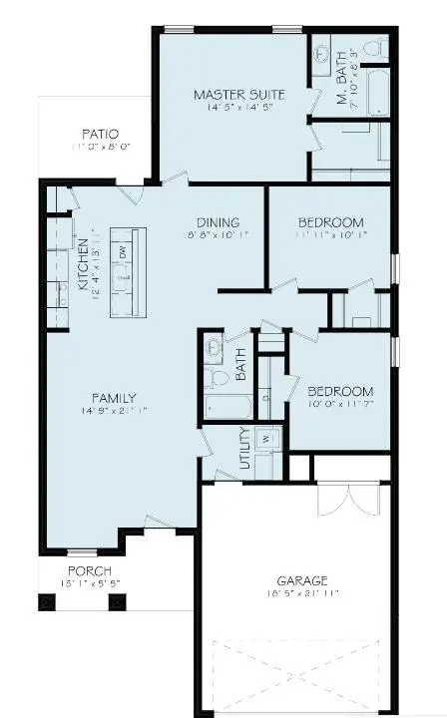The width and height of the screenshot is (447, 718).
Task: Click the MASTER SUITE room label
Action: pyautogui.click(x=238, y=95)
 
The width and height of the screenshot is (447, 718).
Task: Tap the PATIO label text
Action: pyautogui.click(x=100, y=134)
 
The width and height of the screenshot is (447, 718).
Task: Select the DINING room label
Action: pyautogui.click(x=218, y=223)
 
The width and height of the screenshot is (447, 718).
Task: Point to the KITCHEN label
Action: pyautogui.click(x=84, y=269)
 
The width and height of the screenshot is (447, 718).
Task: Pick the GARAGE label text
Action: pyautogui.click(x=303, y=579)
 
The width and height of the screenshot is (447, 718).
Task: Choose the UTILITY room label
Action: pyautogui.click(x=244, y=450)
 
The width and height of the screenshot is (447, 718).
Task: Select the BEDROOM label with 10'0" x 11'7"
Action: pyautogui.click(x=340, y=391)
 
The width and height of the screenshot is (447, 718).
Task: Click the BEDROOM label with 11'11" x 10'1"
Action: pyautogui.click(x=331, y=222)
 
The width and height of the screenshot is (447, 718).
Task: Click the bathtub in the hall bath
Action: pyautogui.click(x=226, y=405)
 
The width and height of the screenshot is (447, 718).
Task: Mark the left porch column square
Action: pyautogui.click(x=47, y=601)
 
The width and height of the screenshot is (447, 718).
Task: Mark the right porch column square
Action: pyautogui.click(x=117, y=601)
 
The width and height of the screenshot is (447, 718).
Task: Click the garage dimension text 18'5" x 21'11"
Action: pyautogui.click(x=303, y=593)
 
